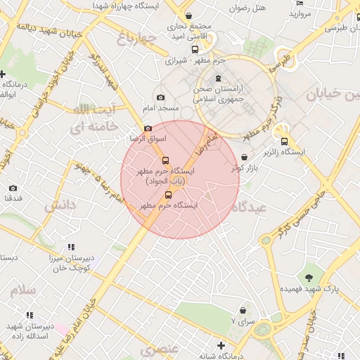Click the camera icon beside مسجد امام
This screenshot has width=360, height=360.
[161, 98]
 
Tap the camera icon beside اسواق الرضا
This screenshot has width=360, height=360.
[148, 129]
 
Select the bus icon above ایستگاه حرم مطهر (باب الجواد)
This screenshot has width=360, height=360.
[166, 160]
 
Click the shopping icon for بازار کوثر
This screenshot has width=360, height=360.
[244, 157]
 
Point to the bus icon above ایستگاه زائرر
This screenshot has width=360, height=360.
[284, 141]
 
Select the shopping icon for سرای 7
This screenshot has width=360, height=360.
[243, 310]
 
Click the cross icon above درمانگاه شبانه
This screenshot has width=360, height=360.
[221, 345]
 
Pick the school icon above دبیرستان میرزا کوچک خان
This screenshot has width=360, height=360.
[70, 247]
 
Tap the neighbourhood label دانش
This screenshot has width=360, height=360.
[60, 206]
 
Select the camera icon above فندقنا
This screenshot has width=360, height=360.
[13, 188]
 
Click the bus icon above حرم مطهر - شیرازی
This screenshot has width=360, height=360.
[195, 49]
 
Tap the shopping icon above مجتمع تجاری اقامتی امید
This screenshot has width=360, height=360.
[188, 16]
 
